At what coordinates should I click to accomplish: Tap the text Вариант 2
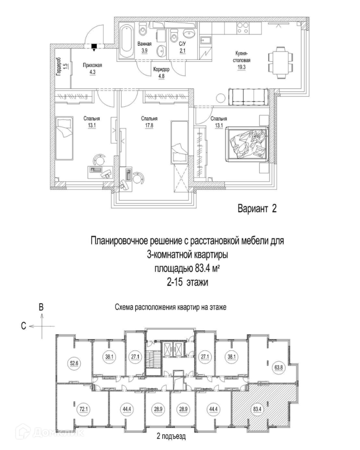tap(256, 209)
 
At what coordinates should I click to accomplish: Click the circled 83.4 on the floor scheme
tap(257, 409)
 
